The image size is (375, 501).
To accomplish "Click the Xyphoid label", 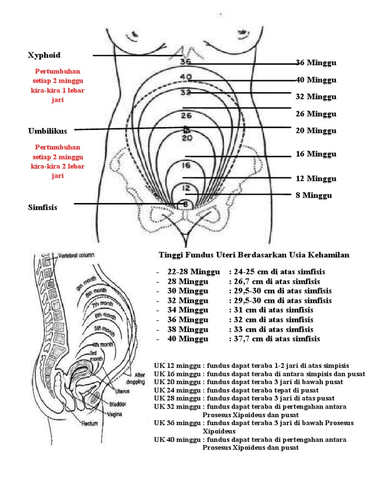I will tap(44, 55).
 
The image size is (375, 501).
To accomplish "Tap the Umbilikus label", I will tap(47, 131).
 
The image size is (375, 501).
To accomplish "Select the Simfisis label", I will tap(42, 207).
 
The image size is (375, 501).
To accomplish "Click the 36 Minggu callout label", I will tap(316, 63).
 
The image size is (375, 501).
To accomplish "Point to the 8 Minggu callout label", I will tap(314, 196).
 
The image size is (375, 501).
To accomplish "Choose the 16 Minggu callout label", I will tap(316, 154).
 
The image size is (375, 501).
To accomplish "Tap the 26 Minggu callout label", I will tap(316, 114).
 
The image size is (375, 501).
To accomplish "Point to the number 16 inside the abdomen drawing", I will tap(186, 165).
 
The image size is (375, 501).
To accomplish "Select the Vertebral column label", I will tap(76, 255).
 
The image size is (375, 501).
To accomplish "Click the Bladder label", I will tap(118, 404).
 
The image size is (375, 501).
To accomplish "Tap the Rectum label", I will tap(90, 423).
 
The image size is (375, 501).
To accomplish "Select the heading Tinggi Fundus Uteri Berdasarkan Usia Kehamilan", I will tap(254, 255).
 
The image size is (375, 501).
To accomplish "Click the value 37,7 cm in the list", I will tap(244, 339).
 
